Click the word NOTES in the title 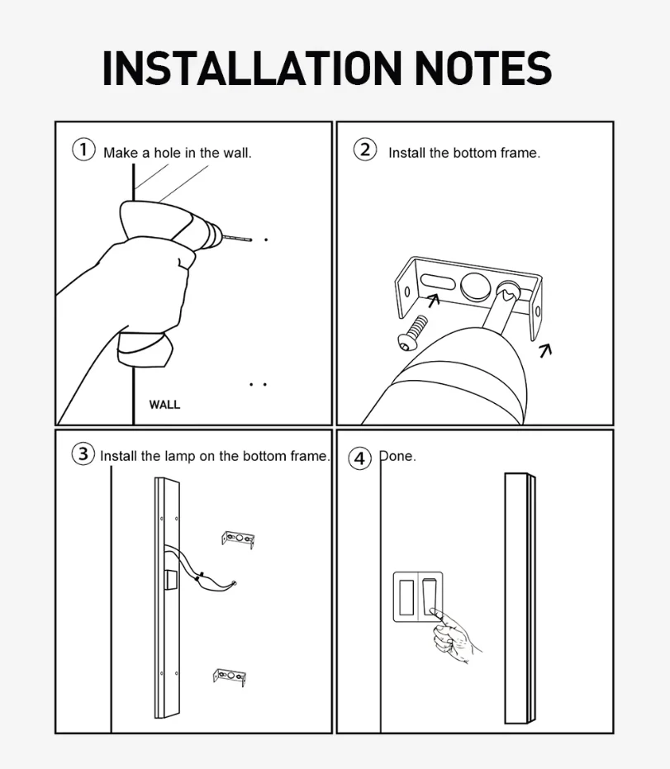pyautogui.click(x=483, y=69)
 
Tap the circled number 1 pyautogui.click(x=83, y=150)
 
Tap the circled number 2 pyautogui.click(x=365, y=150)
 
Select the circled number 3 pyautogui.click(x=83, y=453)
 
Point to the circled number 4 pyautogui.click(x=359, y=458)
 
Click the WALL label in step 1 pyautogui.click(x=164, y=405)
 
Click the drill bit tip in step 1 pyautogui.click(x=251, y=240)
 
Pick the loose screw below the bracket pyautogui.click(x=412, y=333)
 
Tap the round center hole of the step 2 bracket pyautogui.click(x=475, y=287)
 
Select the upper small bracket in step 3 pyautogui.click(x=238, y=539)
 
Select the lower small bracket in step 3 pyautogui.click(x=230, y=677)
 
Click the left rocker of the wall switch pyautogui.click(x=406, y=597)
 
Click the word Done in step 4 pyautogui.click(x=397, y=456)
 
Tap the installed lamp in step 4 pyautogui.click(x=520, y=598)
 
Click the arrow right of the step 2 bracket pyautogui.click(x=545, y=350)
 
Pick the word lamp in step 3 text pyautogui.click(x=180, y=457)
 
